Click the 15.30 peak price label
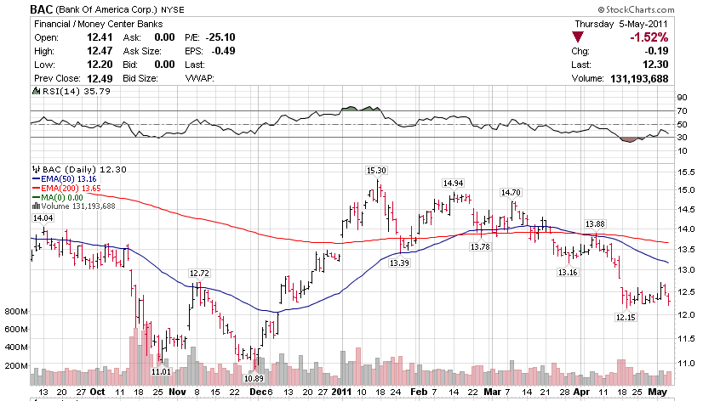pyautogui.click(x=376, y=171)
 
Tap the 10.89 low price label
pyautogui.click(x=253, y=378)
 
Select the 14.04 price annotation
pyautogui.click(x=42, y=218)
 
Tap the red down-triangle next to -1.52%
pyautogui.click(x=578, y=37)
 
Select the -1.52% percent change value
pyautogui.click(x=649, y=37)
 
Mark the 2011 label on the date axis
pyautogui.click(x=341, y=393)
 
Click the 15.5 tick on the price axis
pyautogui.click(x=685, y=172)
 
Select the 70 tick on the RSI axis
pyautogui.click(x=682, y=110)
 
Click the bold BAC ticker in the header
pyautogui.click(x=44, y=8)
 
